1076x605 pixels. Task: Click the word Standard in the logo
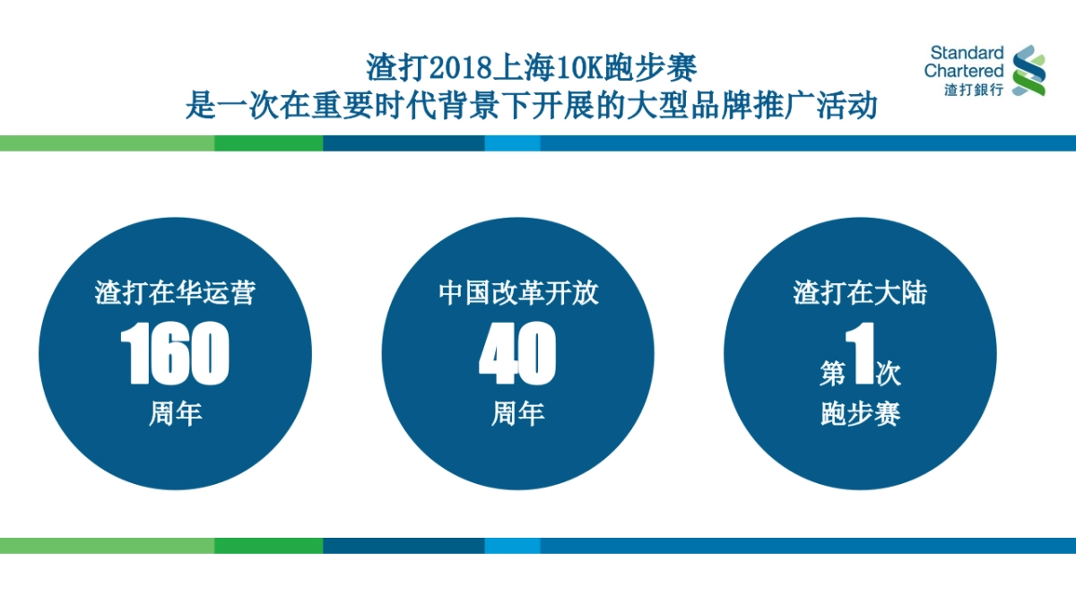coord(967,54)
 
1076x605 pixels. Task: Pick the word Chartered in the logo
coord(964,71)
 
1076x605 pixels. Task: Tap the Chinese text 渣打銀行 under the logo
coord(973,90)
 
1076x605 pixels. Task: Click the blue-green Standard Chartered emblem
coord(1028,71)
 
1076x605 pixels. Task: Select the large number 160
coord(175,354)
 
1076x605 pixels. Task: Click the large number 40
coord(517,354)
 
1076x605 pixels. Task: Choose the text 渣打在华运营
coord(175,293)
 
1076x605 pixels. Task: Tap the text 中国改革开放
coord(517,293)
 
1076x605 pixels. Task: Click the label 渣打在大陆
coord(860,293)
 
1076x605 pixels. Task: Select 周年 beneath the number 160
coord(175,414)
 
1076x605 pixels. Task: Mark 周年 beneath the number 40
coord(517,414)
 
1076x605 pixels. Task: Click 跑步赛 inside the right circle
coord(860,414)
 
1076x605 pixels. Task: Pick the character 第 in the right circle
coord(832,373)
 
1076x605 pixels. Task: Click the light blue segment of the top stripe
coord(512,143)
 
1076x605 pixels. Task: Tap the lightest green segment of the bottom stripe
coord(107,546)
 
